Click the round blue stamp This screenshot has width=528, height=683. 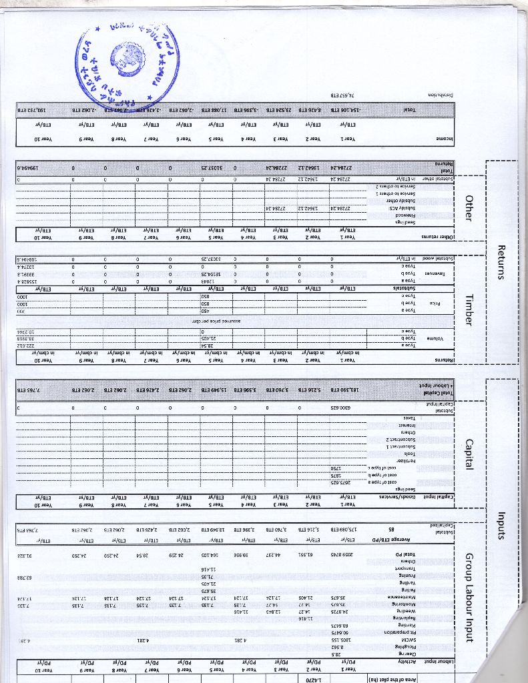coord(127,57)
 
